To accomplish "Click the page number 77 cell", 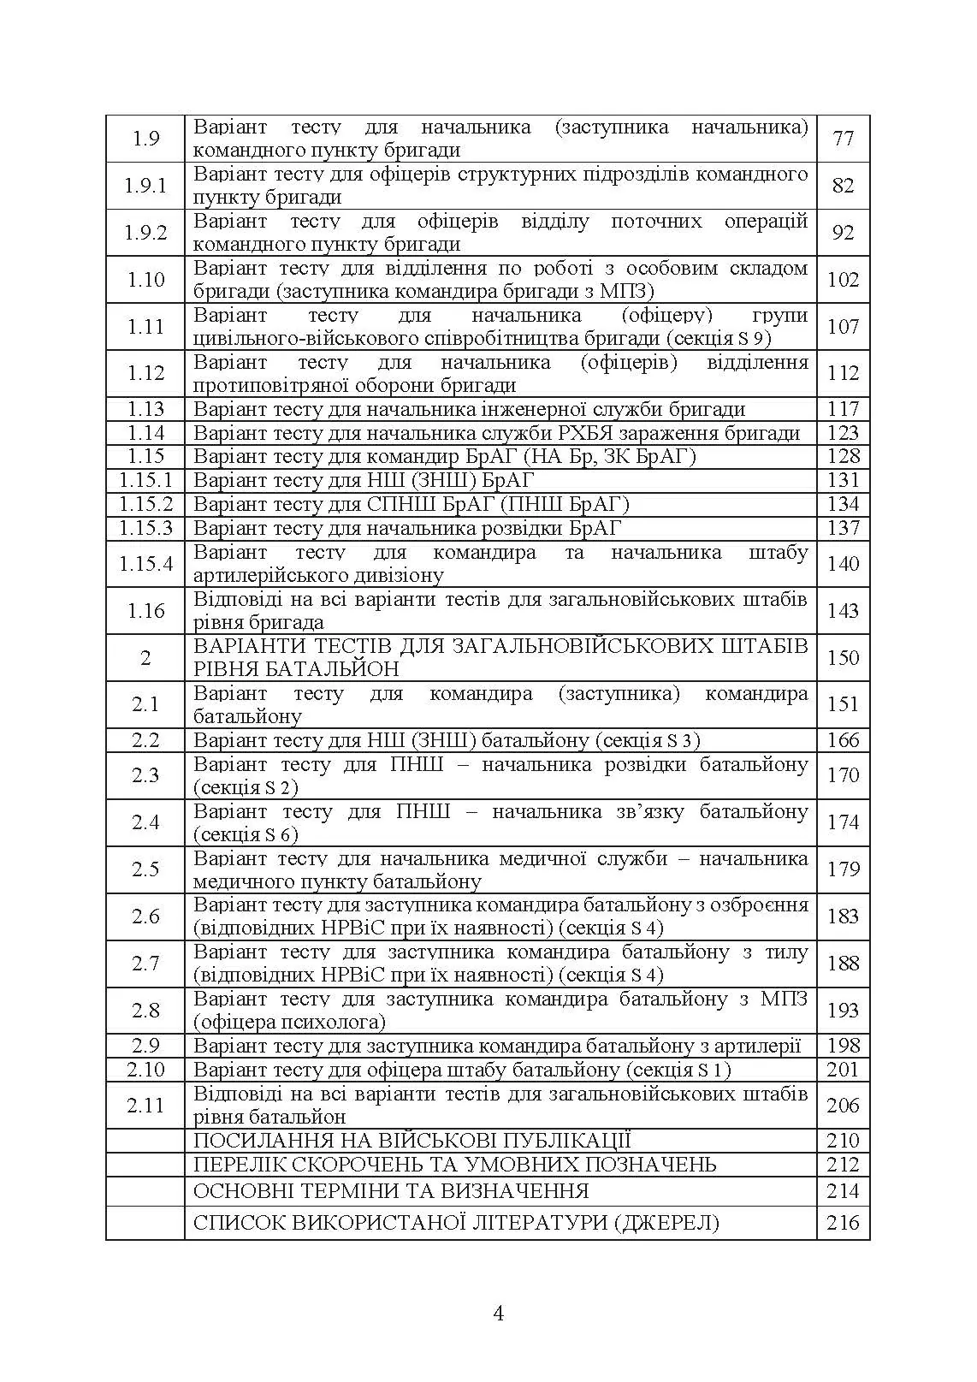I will click(843, 139).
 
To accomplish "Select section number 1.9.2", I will click(145, 233).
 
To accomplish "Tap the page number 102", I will click(843, 280).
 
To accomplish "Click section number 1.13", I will click(145, 409).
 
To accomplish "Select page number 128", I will click(843, 456).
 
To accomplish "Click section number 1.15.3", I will click(145, 528).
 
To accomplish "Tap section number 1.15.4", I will click(145, 564).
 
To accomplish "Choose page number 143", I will click(843, 611).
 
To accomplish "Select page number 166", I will click(843, 740).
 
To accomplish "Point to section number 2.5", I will click(145, 869).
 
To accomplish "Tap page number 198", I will click(843, 1046).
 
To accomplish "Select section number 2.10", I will click(145, 1070).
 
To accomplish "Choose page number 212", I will click(843, 1165).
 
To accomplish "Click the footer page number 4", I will click(499, 1314).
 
